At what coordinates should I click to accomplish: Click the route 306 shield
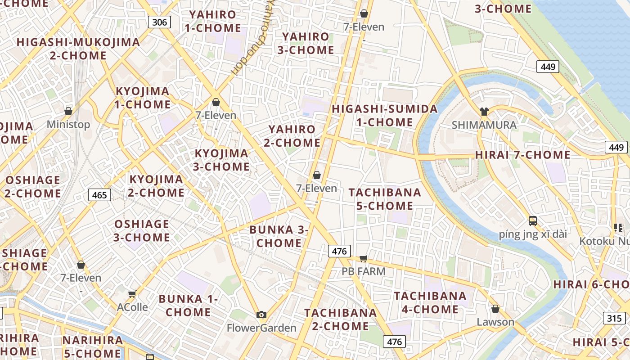click(159, 22)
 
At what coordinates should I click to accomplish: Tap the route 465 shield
click(99, 195)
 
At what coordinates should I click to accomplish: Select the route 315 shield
click(614, 319)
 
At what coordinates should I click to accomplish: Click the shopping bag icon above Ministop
click(68, 111)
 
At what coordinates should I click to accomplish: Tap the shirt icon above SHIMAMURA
click(484, 112)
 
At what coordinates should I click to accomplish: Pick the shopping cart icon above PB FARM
click(364, 258)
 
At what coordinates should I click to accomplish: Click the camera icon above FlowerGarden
click(261, 315)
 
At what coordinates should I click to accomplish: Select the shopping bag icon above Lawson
click(495, 309)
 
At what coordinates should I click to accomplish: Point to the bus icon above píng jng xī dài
click(533, 220)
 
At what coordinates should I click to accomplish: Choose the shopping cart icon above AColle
click(132, 294)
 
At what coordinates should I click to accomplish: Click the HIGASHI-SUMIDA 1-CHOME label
click(384, 116)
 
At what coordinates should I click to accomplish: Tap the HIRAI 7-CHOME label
click(522, 155)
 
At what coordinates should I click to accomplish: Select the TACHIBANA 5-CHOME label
click(385, 199)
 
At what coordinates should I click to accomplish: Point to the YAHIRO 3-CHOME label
click(306, 43)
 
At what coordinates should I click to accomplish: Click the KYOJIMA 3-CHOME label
click(222, 160)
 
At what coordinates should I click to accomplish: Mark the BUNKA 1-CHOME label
click(188, 306)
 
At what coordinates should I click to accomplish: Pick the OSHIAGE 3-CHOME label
click(142, 230)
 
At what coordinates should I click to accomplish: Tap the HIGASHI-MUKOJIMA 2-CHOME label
click(78, 49)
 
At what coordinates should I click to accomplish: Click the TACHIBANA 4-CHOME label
click(430, 302)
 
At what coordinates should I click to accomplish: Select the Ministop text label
click(68, 124)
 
